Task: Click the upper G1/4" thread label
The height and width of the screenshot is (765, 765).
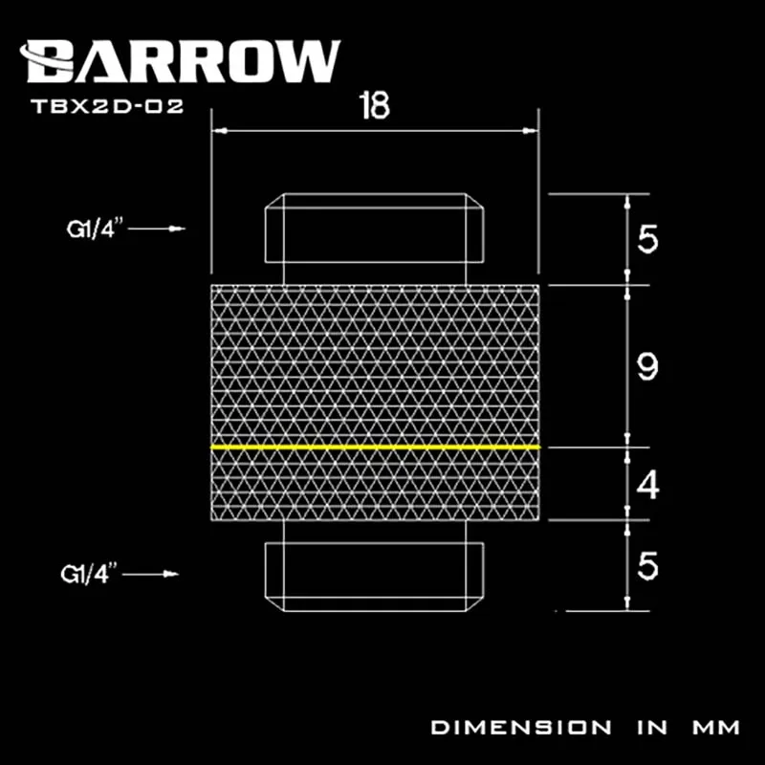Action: [93, 229]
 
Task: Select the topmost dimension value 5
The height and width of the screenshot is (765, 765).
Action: [647, 240]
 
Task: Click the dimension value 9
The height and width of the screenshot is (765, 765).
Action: [647, 366]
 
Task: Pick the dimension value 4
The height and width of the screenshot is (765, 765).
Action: [647, 487]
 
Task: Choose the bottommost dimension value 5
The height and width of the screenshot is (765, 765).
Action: [647, 567]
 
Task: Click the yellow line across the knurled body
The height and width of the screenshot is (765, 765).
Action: [375, 447]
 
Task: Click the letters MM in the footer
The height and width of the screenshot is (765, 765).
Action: [712, 728]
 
